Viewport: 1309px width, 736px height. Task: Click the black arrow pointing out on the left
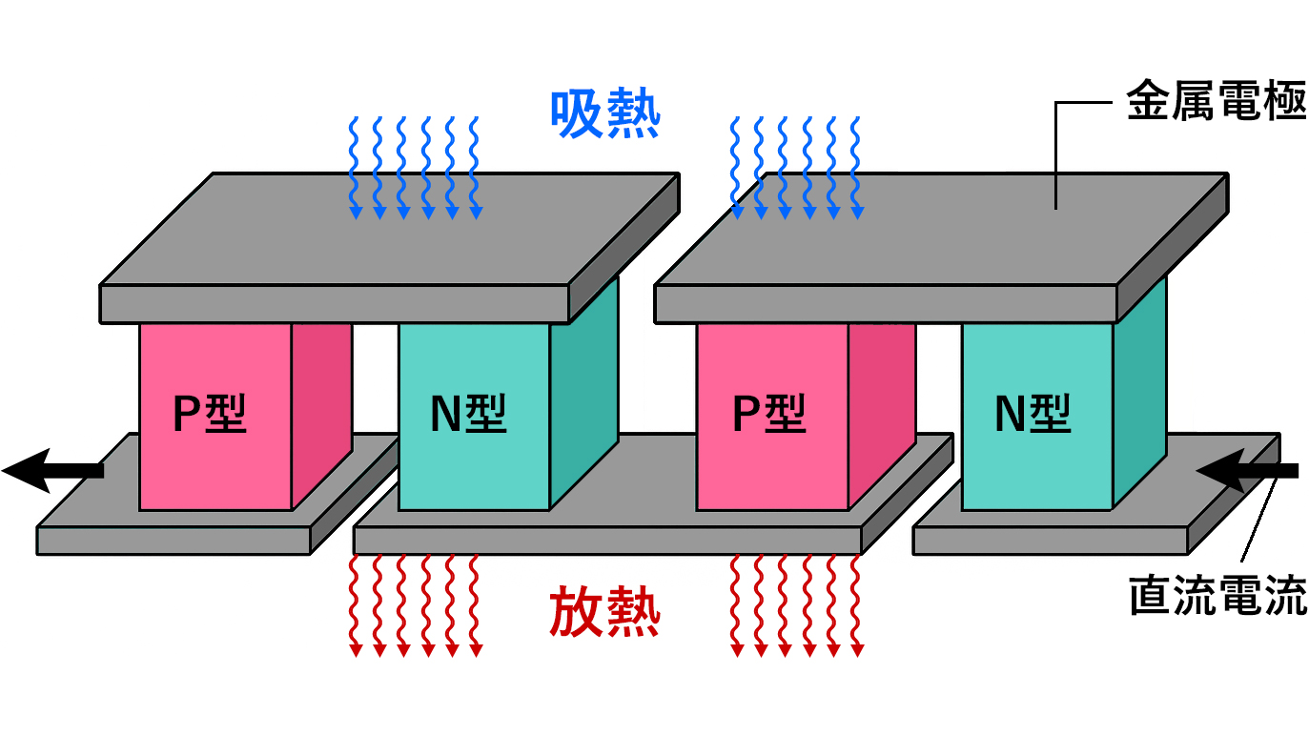click(x=52, y=469)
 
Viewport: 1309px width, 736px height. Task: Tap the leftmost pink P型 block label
click(x=210, y=415)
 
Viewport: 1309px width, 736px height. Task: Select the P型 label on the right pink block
click(x=768, y=415)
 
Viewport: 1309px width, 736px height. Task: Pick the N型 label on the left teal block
click(x=468, y=415)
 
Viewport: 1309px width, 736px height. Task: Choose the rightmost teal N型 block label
click(x=1033, y=415)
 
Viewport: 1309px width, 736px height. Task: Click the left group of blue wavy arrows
click(x=414, y=168)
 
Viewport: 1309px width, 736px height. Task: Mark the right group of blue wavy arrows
click(x=796, y=168)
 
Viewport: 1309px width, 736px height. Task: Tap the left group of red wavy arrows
click(x=414, y=606)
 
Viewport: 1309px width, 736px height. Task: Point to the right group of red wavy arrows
click(x=796, y=606)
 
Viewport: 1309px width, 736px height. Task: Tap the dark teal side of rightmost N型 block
click(x=1139, y=400)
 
